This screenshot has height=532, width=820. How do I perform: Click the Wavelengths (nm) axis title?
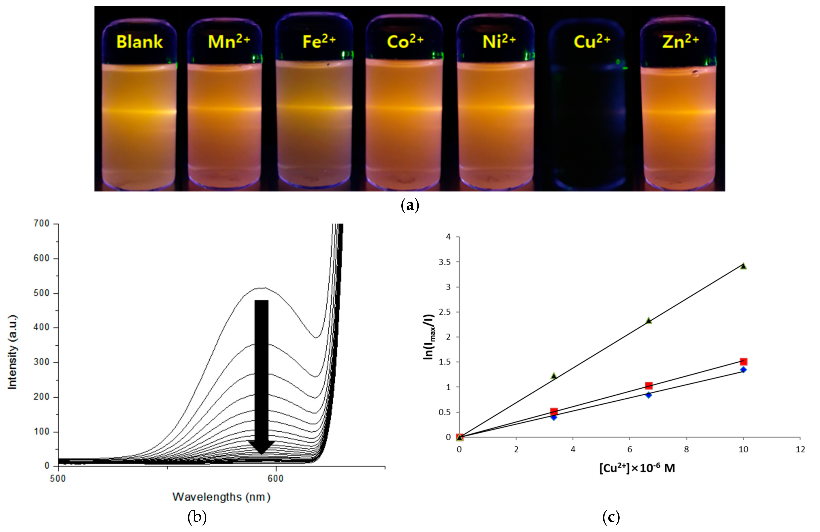pos(221,497)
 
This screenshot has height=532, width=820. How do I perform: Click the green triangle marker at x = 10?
pos(743,266)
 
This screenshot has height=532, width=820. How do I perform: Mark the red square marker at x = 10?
pos(743,362)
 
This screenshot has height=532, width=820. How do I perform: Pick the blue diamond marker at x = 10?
pos(743,370)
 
